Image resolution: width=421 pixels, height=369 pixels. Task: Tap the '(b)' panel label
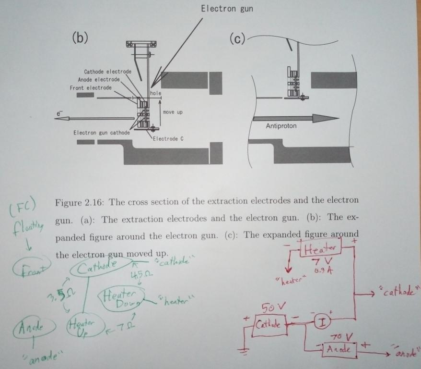[x=80, y=38]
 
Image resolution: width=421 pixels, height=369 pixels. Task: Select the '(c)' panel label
[x=237, y=38]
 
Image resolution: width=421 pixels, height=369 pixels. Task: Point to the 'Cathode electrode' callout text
[x=107, y=72]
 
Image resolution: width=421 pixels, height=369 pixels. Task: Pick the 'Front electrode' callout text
[x=91, y=88]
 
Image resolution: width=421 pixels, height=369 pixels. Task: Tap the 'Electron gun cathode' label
[x=101, y=132]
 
